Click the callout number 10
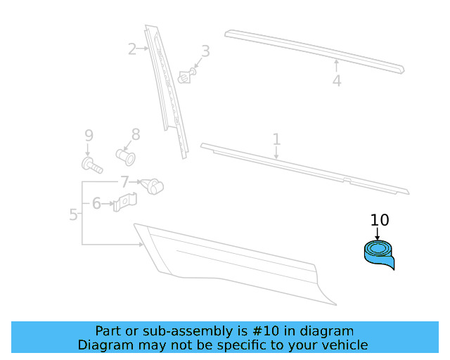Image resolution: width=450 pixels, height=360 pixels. pyautogui.click(x=379, y=220)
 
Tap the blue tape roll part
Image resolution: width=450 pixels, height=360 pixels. pyautogui.click(x=378, y=254)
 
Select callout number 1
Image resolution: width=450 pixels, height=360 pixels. pyautogui.click(x=276, y=139)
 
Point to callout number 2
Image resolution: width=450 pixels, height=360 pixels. pyautogui.click(x=132, y=49)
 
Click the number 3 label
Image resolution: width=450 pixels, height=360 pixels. pyautogui.click(x=205, y=51)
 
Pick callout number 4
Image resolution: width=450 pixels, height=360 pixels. pyautogui.click(x=337, y=81)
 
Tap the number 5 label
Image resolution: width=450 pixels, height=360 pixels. pyautogui.click(x=74, y=214)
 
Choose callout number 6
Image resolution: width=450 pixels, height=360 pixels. pyautogui.click(x=96, y=204)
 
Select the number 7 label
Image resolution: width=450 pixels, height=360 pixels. pyautogui.click(x=124, y=182)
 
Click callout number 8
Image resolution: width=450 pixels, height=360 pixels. pyautogui.click(x=136, y=134)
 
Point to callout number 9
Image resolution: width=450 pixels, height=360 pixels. pyautogui.click(x=89, y=135)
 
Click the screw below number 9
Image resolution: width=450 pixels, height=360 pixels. pyautogui.click(x=91, y=166)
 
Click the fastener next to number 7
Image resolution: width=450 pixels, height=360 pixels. pyautogui.click(x=151, y=186)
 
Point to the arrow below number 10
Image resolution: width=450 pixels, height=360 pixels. pyautogui.click(x=378, y=233)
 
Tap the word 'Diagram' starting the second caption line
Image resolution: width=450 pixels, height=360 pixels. pyautogui.click(x=103, y=345)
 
